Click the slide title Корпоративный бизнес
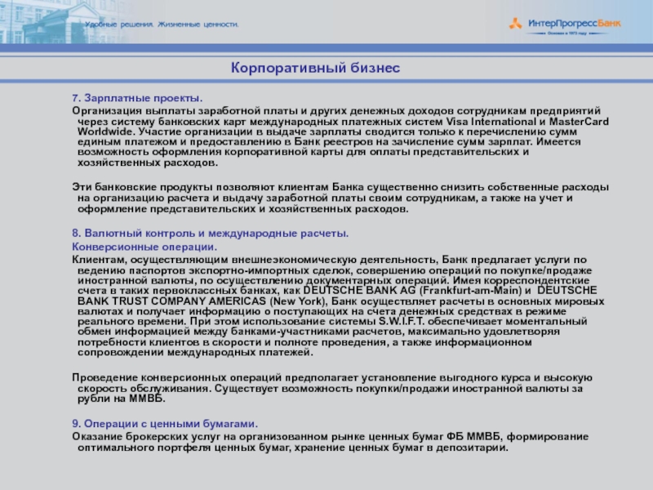[x=314, y=68]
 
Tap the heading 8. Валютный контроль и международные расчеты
[x=211, y=234]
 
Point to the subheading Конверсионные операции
[x=144, y=246]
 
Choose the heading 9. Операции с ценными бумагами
[x=165, y=424]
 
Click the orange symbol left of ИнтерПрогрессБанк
[x=516, y=24]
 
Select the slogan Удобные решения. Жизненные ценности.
[x=162, y=25]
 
